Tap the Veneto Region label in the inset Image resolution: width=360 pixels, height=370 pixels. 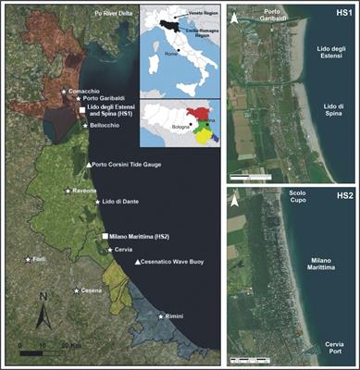(x=193, y=27)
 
